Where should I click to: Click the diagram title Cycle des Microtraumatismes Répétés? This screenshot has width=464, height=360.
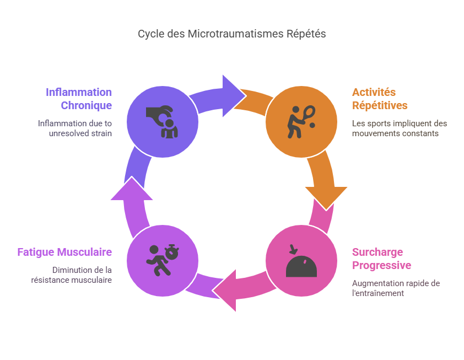tap(232, 34)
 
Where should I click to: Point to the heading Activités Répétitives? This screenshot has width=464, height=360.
tap(380, 99)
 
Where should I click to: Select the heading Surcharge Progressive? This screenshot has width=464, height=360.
tap(381, 259)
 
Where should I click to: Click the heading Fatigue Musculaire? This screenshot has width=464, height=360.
tap(64, 252)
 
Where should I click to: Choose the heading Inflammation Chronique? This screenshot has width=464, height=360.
tap(78, 99)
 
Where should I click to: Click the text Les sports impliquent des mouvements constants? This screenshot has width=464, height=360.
tap(399, 128)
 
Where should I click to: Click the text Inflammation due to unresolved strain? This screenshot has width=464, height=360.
tap(74, 128)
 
